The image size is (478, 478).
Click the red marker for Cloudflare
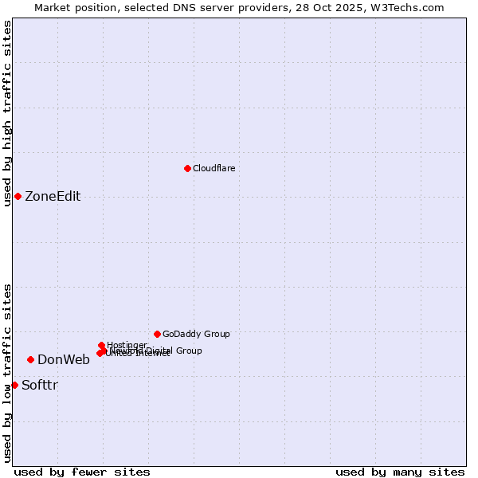pos(187,168)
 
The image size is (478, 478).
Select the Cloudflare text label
pos(214,169)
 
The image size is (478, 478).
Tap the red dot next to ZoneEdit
pos(18,196)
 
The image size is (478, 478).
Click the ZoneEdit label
pos(53,197)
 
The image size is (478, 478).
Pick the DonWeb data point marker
pos(30,359)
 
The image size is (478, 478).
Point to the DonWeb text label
pos(64,360)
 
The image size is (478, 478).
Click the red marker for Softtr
pos(14,385)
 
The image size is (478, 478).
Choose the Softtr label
pos(40,386)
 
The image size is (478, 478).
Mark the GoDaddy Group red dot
pos(157,334)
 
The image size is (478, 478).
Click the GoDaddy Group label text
pos(196,335)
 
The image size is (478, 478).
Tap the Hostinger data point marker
pos(102,345)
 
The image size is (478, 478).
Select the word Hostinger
pos(127,345)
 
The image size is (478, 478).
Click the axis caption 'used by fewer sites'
pos(82,472)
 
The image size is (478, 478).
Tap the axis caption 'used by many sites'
pos(400,472)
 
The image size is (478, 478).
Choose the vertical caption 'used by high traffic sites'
pos(7,113)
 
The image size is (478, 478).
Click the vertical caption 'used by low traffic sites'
pos(7,373)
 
